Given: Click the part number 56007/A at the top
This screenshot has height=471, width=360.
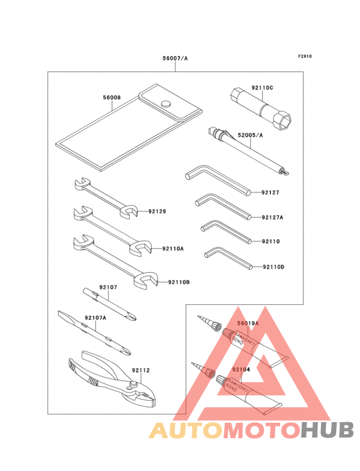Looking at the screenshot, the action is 175,59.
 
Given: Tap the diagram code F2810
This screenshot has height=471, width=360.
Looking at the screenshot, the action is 305,56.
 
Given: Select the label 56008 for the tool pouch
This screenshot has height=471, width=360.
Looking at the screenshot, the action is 112,97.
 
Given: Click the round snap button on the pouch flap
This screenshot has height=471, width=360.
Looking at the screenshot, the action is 166,104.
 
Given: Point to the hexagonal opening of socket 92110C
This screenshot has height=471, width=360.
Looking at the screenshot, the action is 284,121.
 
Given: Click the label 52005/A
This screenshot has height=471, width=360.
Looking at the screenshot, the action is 250,135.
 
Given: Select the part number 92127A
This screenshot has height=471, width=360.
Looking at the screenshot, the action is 273,217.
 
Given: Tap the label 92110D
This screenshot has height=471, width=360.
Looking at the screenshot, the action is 273,267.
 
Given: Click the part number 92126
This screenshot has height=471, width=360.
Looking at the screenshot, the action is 157,211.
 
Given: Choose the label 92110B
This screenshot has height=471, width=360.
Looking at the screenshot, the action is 179,282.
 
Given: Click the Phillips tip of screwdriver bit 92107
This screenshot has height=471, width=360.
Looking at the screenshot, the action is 132,317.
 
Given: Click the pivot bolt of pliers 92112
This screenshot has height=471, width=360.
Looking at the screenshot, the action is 134,383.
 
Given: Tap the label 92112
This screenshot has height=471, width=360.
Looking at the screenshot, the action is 141,371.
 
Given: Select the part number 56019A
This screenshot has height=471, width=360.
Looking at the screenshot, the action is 248,323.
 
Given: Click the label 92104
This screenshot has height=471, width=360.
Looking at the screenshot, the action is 241,369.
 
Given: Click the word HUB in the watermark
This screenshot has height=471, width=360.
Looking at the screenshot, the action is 328,430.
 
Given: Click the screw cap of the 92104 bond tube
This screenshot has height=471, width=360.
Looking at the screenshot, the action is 221,380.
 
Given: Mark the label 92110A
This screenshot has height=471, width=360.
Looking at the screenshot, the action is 173,248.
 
